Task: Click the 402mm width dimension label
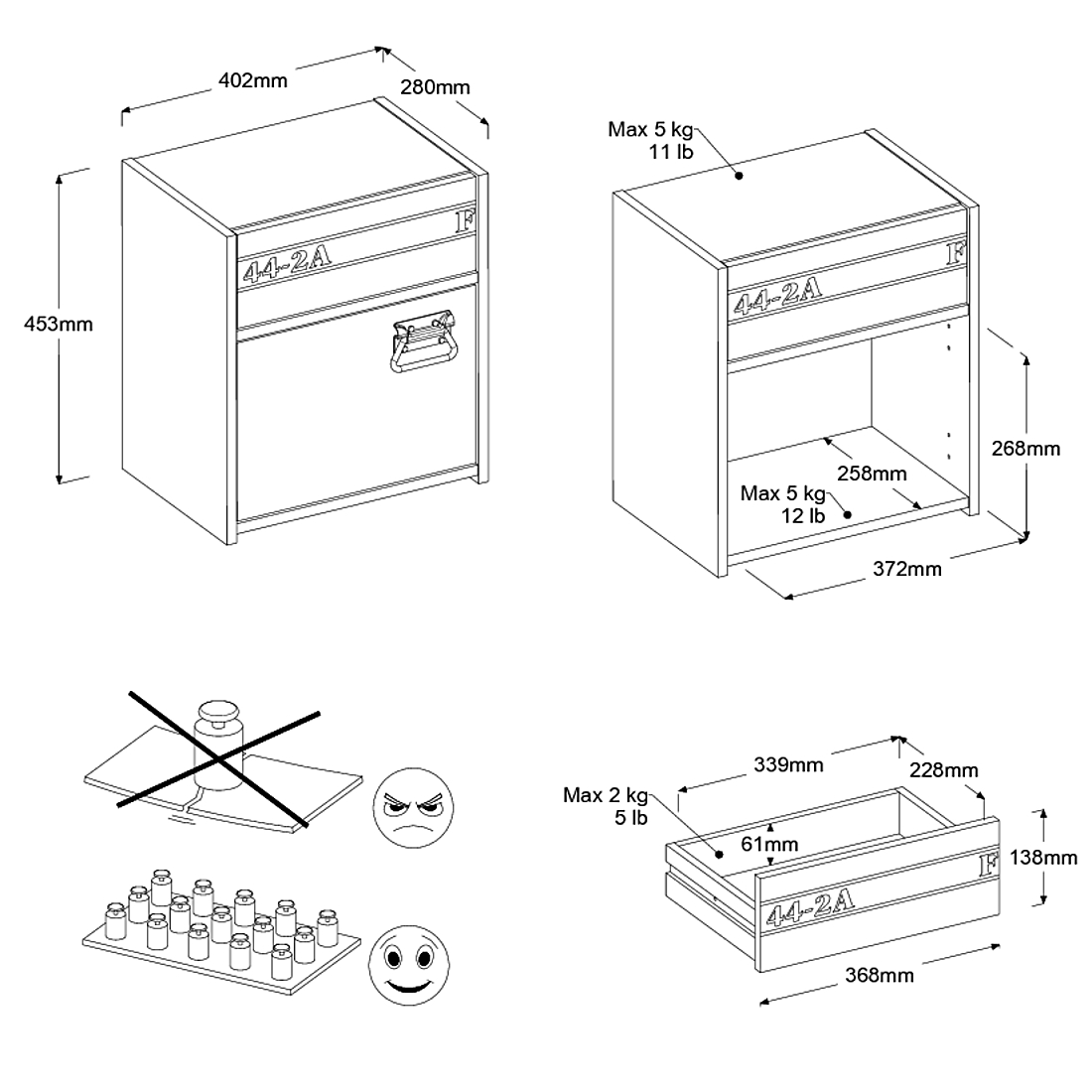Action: click(252, 80)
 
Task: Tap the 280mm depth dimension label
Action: click(435, 87)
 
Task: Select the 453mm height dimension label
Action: click(59, 324)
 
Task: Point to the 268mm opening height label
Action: click(1025, 449)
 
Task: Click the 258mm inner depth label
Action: click(871, 473)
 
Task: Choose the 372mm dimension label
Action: click(907, 569)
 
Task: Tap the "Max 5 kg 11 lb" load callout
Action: click(650, 140)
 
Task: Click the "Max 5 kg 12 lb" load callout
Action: click(783, 503)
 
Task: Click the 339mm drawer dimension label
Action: click(788, 764)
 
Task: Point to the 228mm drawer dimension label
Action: click(944, 770)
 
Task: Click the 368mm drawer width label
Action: click(880, 975)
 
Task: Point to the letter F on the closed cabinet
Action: click(465, 220)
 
